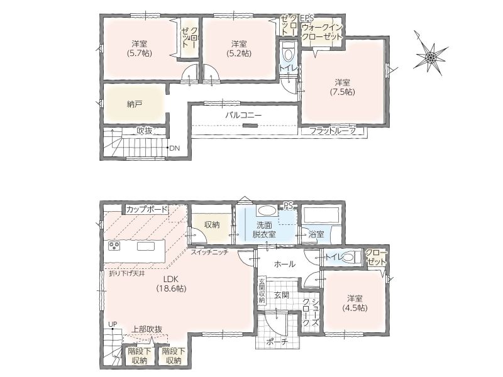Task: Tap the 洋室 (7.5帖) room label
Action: pyautogui.click(x=343, y=87)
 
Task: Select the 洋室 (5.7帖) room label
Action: pyautogui.click(x=139, y=48)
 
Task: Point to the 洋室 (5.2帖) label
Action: pyautogui.click(x=239, y=48)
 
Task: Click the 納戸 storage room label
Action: pyautogui.click(x=135, y=104)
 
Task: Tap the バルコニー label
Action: pyautogui.click(x=243, y=116)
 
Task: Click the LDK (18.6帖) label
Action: pyautogui.click(x=171, y=284)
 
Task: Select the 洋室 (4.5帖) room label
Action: pyautogui.click(x=355, y=303)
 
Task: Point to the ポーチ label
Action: pyautogui.click(x=278, y=342)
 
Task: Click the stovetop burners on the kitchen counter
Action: pyautogui.click(x=114, y=246)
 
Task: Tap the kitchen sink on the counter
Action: pyautogui.click(x=146, y=246)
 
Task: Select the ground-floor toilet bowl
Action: pyautogui.click(x=351, y=257)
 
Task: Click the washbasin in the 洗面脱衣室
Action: pyautogui.click(x=267, y=211)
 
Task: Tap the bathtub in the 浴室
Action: pyautogui.click(x=321, y=215)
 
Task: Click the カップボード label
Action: pyautogui.click(x=147, y=210)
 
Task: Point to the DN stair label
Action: pyautogui.click(x=175, y=148)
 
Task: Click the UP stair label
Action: pyautogui.click(x=113, y=324)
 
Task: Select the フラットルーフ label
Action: pyautogui.click(x=333, y=131)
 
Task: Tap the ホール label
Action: pyautogui.click(x=285, y=264)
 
